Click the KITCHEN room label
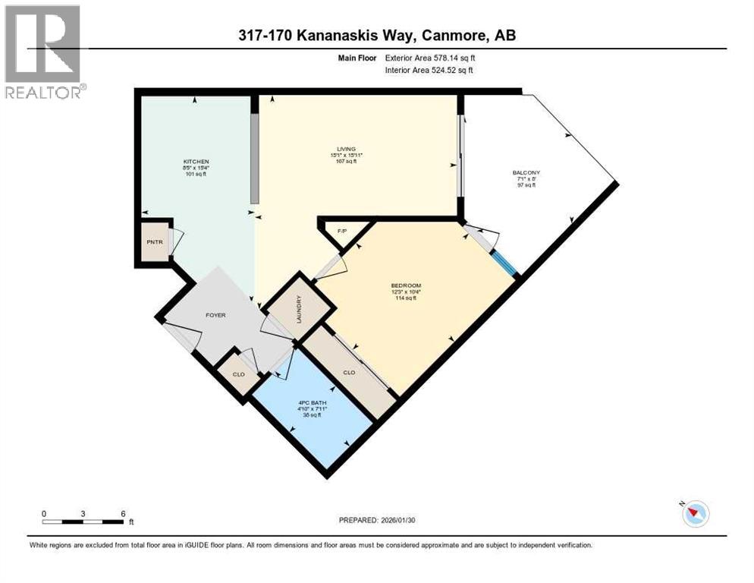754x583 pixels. pyautogui.click(x=196, y=162)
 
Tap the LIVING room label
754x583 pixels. pyautogui.click(x=347, y=149)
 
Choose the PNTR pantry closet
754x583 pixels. pyautogui.click(x=154, y=242)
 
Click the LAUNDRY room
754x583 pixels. pyautogui.click(x=300, y=309)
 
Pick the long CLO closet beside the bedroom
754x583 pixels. pyautogui.click(x=349, y=372)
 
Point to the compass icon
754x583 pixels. pyautogui.click(x=694, y=514)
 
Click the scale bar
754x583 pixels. pyautogui.click(x=83, y=521)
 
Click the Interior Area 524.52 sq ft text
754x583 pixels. pyautogui.click(x=428, y=71)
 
